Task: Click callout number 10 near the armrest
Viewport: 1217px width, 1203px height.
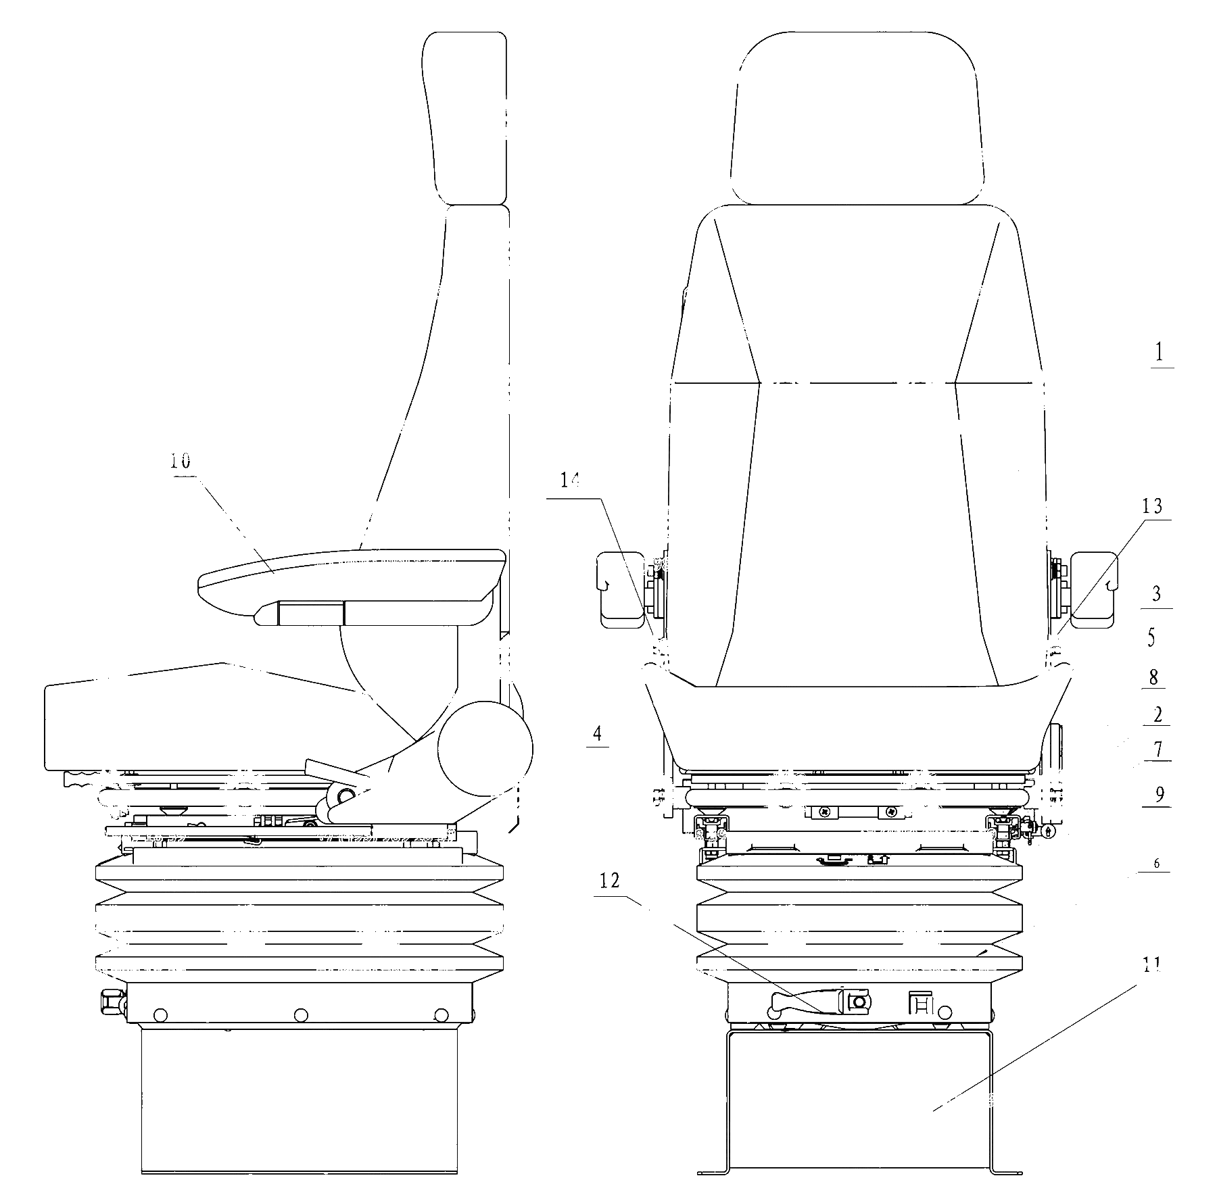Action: tap(181, 462)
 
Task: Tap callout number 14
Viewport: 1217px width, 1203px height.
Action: tap(570, 481)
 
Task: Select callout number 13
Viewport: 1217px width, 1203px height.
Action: tap(1152, 506)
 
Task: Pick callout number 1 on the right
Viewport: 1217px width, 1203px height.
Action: tap(1160, 353)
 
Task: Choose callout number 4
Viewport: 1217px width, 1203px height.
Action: tap(598, 733)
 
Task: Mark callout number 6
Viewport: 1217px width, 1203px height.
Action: tap(1157, 863)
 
